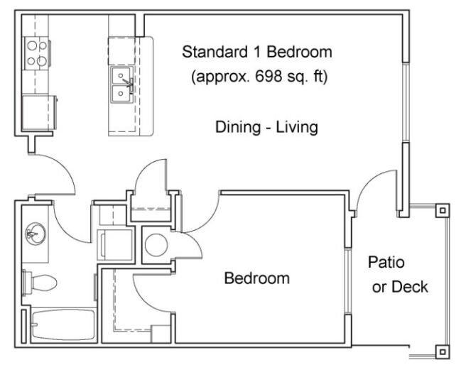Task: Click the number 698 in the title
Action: [268, 77]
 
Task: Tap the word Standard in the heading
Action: [215, 52]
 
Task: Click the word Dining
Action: [238, 128]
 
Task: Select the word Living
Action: [297, 128]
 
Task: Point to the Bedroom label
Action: [256, 278]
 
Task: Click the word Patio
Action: [386, 262]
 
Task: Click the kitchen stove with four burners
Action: [37, 53]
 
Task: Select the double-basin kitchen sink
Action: [121, 84]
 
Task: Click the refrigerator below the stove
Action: [39, 112]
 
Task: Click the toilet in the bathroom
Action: [40, 283]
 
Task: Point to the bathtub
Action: [63, 324]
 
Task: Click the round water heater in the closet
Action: [156, 245]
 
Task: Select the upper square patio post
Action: [443, 211]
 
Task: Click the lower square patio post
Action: [443, 352]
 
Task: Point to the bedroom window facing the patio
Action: [347, 280]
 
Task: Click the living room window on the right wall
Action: [406, 102]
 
